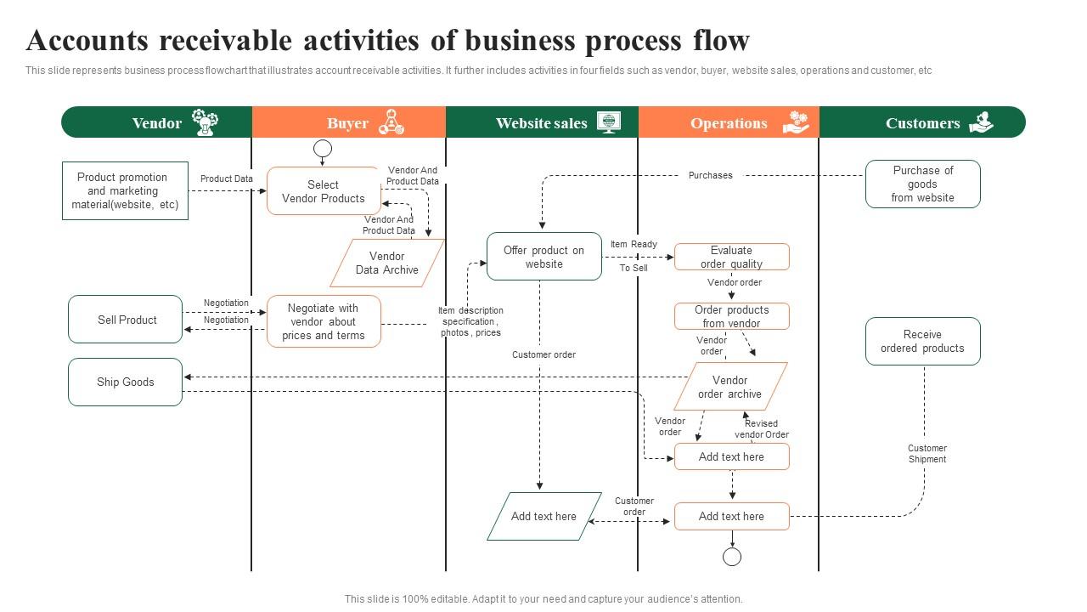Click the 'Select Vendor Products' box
[x=324, y=191]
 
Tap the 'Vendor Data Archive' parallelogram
[x=387, y=263]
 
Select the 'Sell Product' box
[x=126, y=320]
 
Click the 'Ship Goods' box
[x=126, y=382]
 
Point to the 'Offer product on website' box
[x=544, y=257]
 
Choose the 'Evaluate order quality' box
[x=731, y=257]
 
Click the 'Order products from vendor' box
[x=731, y=316]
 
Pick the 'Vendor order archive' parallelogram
[x=730, y=387]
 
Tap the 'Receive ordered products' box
[x=922, y=342]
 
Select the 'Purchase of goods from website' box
[x=922, y=184]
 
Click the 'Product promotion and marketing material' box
[x=125, y=190]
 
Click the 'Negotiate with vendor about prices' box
[x=324, y=321]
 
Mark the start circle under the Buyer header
[x=323, y=150]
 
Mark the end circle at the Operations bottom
[x=732, y=557]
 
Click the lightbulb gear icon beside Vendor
[x=204, y=122]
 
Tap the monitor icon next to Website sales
[x=608, y=122]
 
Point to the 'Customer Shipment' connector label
[x=926, y=454]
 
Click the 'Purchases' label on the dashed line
[x=710, y=175]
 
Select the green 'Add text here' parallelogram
[x=543, y=516]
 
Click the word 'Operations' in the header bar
[x=729, y=123]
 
